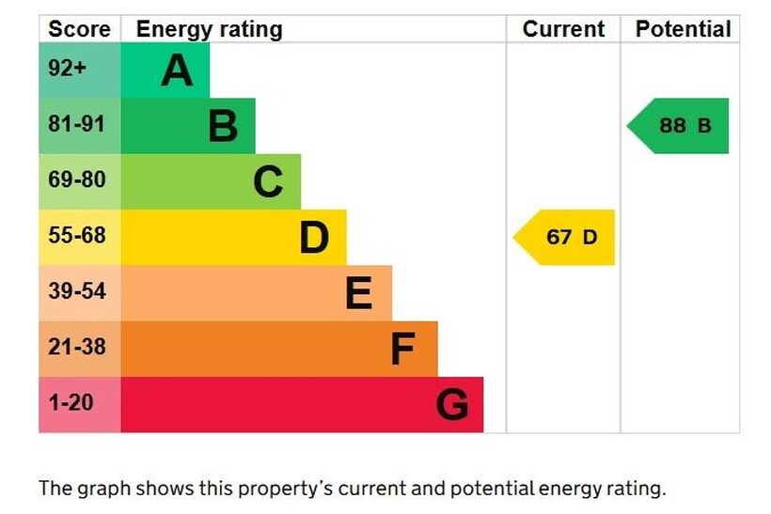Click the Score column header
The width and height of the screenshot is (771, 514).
(79, 29)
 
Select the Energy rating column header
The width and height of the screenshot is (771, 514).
(209, 29)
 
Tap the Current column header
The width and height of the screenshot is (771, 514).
(563, 29)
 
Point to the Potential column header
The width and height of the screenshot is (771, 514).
(683, 29)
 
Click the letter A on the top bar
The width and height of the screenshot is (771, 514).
(176, 70)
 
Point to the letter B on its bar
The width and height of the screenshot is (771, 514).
(223, 126)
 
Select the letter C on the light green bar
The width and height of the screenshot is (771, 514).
(268, 182)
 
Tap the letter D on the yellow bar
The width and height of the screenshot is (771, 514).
(314, 238)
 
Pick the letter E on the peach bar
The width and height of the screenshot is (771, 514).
(358, 294)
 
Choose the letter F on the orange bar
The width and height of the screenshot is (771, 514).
(402, 350)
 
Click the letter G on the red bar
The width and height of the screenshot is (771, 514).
(452, 406)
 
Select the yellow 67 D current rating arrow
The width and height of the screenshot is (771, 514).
(566, 237)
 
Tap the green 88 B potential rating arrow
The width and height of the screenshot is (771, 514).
(680, 125)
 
